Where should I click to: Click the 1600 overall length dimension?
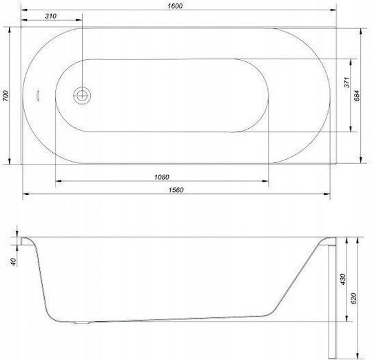[x=175, y=6]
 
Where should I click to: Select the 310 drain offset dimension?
[x=51, y=16]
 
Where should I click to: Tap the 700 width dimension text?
[x=6, y=96]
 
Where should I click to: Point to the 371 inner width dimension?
[x=347, y=82]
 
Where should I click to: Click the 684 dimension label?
[x=357, y=96]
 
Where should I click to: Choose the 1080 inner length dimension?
[x=162, y=177]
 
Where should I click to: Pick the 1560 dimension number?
[x=176, y=190]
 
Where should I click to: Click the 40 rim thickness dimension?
[x=13, y=262]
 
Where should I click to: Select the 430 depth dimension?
[x=343, y=279]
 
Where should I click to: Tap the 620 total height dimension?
[x=353, y=298]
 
